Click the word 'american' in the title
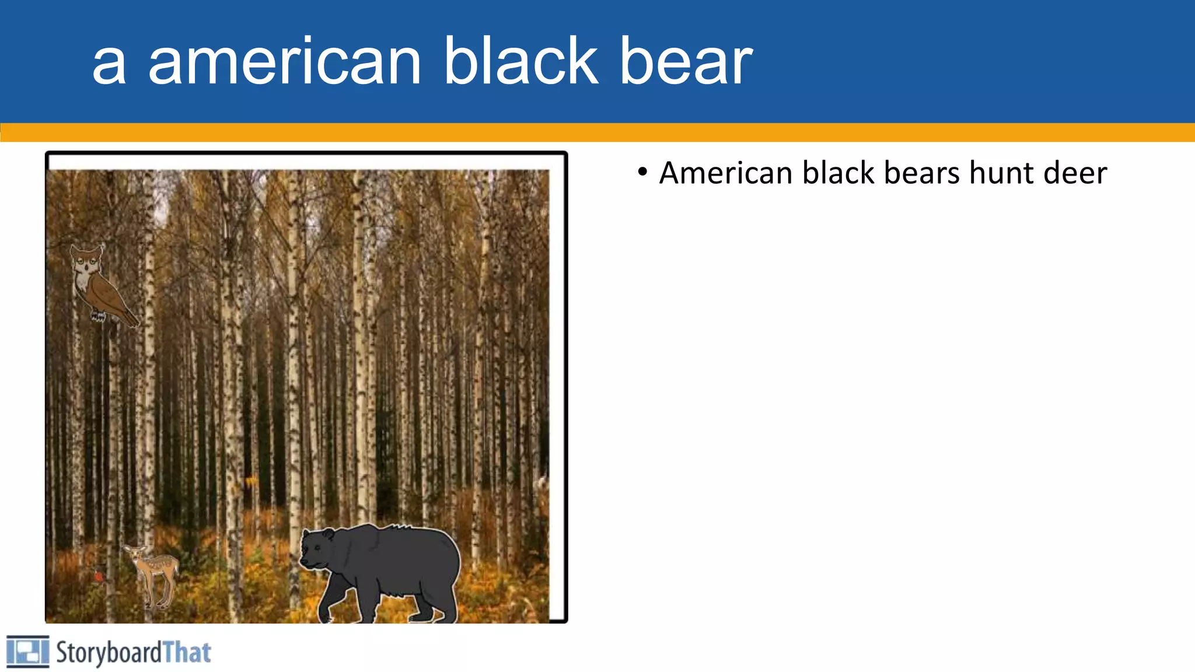284,62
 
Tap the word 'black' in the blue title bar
520,61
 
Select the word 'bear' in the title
686,62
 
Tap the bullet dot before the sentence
642,171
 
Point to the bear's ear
328,534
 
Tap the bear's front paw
325,615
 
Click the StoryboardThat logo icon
27,652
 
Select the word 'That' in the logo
187,653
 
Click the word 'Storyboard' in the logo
109,653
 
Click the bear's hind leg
441,601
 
